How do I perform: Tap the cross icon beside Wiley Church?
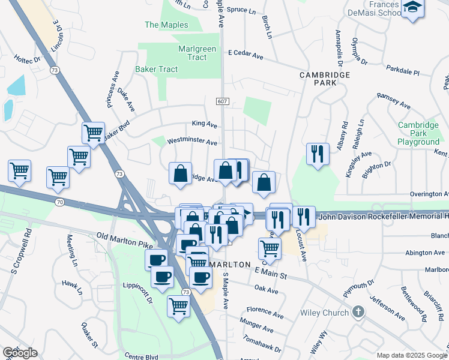click(358, 311)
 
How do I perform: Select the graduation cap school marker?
click(412, 8)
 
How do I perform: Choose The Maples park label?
click(166, 25)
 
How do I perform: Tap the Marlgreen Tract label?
click(193, 53)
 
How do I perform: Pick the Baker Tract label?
click(156, 69)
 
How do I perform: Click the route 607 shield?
click(222, 102)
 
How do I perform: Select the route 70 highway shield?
click(59, 203)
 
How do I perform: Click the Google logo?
click(20, 353)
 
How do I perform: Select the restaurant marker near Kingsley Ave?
click(316, 153)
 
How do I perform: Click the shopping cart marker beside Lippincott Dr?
click(179, 305)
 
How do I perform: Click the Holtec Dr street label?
click(27, 58)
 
